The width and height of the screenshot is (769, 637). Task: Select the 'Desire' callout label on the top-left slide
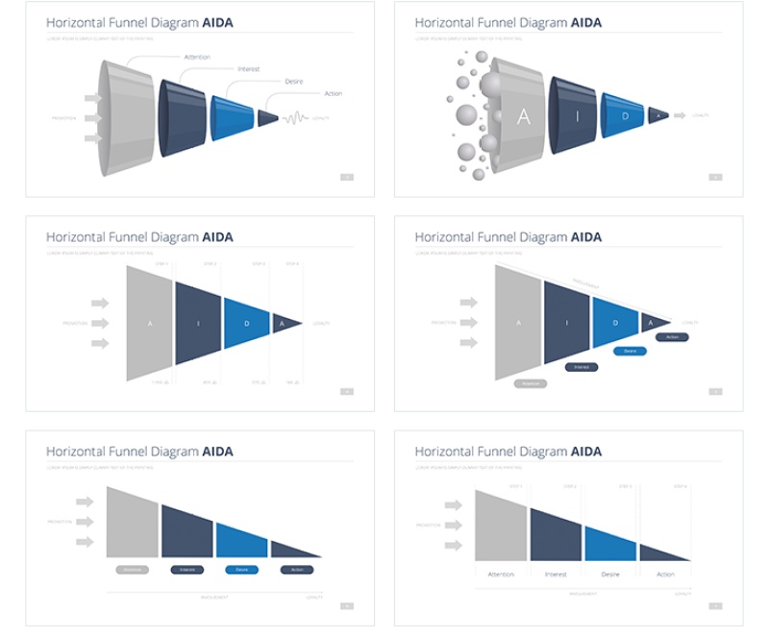294,82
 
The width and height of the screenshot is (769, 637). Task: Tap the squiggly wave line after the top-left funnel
296,118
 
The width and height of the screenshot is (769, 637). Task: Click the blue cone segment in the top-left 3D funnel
232,117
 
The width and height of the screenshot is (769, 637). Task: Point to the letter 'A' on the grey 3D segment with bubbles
523,117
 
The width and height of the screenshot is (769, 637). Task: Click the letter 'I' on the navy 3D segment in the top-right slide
576,116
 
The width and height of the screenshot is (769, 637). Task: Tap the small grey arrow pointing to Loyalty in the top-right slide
680,115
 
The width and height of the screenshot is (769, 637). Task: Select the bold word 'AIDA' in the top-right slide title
586,22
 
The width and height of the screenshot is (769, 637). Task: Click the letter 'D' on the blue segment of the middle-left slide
246,324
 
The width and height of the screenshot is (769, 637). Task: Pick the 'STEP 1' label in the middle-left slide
161,263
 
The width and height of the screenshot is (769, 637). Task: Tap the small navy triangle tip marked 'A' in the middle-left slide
283,324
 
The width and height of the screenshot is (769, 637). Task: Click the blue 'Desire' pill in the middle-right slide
630,351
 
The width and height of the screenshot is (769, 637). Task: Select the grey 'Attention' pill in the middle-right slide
530,383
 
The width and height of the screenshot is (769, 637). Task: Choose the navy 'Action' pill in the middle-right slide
672,337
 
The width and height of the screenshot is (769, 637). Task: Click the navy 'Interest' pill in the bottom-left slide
187,570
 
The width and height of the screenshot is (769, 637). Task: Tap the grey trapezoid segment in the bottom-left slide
132,524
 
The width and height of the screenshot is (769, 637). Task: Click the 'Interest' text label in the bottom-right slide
556,575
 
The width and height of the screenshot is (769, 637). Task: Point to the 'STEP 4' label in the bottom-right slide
681,486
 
